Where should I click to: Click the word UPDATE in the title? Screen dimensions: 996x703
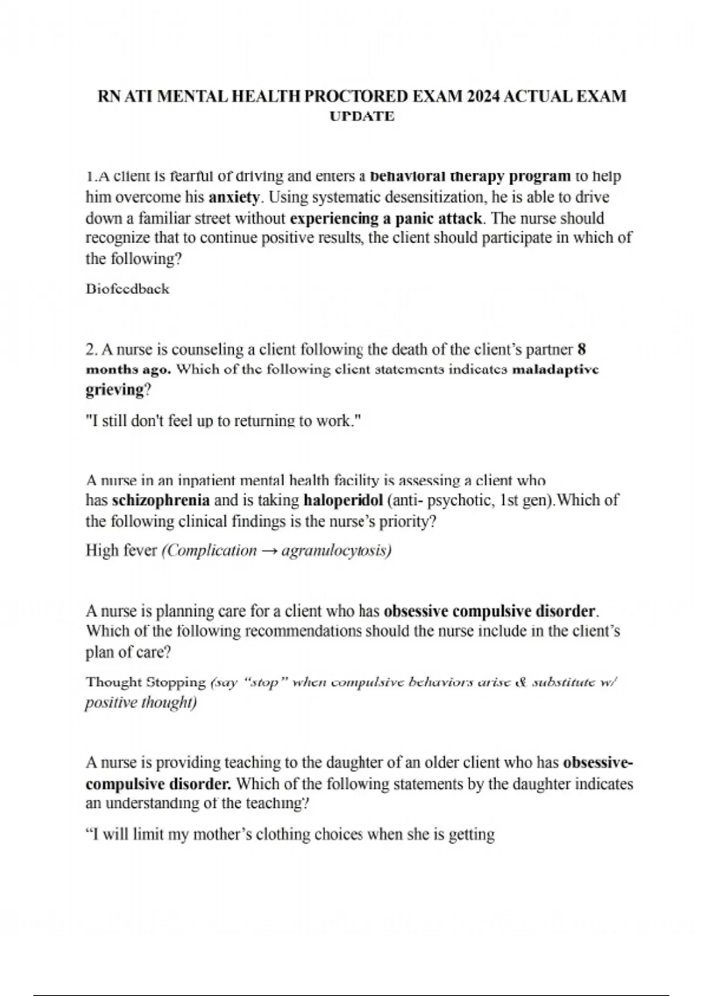click(x=362, y=117)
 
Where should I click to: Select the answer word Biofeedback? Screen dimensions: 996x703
click(x=127, y=289)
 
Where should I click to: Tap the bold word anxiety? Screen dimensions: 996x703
click(x=234, y=197)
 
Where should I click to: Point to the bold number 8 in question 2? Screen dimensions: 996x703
click(x=581, y=350)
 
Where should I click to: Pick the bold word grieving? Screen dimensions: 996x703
click(x=114, y=390)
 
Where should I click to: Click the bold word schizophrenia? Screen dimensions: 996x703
click(x=161, y=500)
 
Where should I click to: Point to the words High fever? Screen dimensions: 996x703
click(x=121, y=551)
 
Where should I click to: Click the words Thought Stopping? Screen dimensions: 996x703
click(x=145, y=682)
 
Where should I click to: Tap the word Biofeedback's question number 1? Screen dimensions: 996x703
click(x=89, y=176)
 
